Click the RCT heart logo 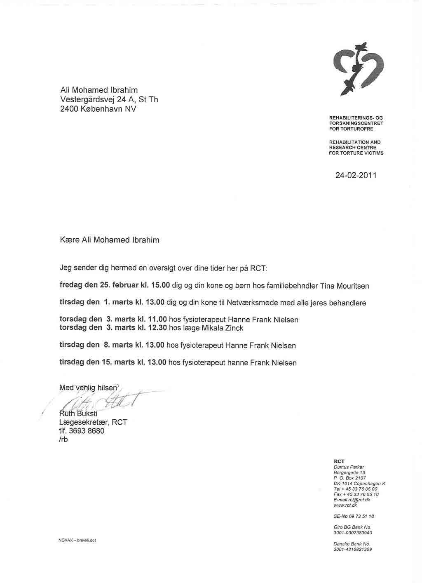[358, 68]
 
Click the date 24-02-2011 [356, 175]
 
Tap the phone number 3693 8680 [87, 431]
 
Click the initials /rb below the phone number [64, 440]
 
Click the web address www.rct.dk [345, 505]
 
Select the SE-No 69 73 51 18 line [354, 516]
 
